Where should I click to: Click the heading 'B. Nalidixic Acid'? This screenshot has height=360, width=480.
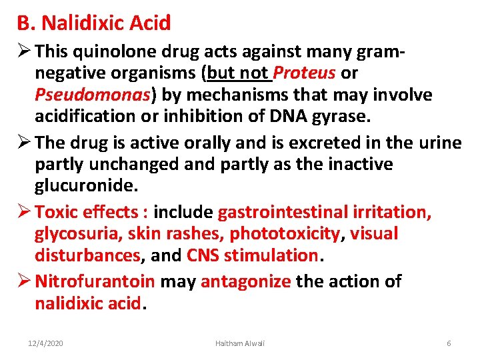tap(94, 23)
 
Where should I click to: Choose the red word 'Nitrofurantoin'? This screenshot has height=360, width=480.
tap(95, 281)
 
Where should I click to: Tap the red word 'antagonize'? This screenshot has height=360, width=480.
tap(245, 281)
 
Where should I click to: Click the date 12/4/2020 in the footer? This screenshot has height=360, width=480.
tap(45, 343)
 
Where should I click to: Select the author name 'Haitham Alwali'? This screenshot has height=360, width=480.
tap(239, 343)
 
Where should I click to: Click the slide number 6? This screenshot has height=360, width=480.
tap(449, 343)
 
